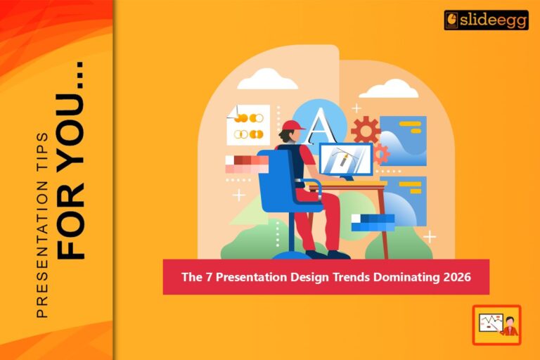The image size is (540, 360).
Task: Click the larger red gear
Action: (x=365, y=131)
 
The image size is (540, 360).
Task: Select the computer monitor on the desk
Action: (x=345, y=160)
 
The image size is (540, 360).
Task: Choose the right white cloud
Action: (x=388, y=89)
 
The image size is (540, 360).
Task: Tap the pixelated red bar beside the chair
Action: (x=246, y=165)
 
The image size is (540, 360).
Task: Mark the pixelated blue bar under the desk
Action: (x=373, y=222)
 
